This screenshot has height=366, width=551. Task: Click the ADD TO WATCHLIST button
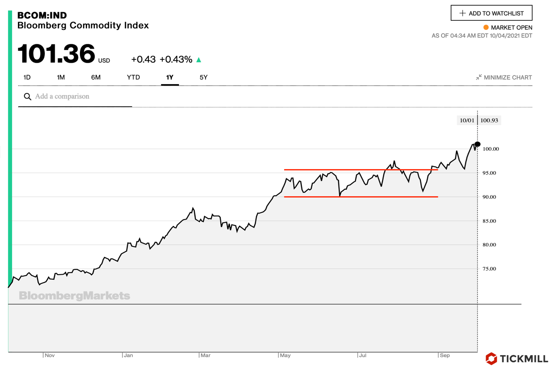tap(491, 13)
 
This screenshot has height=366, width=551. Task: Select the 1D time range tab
tap(27, 77)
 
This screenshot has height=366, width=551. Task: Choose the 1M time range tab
tap(61, 77)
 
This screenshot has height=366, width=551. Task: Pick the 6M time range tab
tap(96, 77)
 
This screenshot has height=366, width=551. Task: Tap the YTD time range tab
tap(133, 77)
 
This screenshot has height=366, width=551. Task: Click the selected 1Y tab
tap(170, 77)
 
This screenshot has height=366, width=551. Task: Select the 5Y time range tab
tap(203, 77)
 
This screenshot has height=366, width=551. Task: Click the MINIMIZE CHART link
tap(504, 77)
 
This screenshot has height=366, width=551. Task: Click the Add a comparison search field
tap(76, 97)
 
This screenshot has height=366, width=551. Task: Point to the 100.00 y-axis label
tap(491, 149)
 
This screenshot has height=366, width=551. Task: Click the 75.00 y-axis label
tap(489, 269)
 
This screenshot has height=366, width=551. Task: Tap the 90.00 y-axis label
tap(489, 197)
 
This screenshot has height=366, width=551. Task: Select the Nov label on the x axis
tap(50, 355)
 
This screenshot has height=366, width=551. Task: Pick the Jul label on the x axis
tap(362, 355)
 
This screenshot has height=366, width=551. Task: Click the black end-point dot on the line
tap(477, 144)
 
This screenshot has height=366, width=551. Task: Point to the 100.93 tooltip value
tap(489, 121)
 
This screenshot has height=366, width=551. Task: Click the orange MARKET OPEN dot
tap(486, 28)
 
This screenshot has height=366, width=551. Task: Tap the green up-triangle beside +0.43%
tap(199, 60)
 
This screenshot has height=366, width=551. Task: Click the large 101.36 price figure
tap(56, 54)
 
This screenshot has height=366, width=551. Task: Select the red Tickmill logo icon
tap(491, 358)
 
